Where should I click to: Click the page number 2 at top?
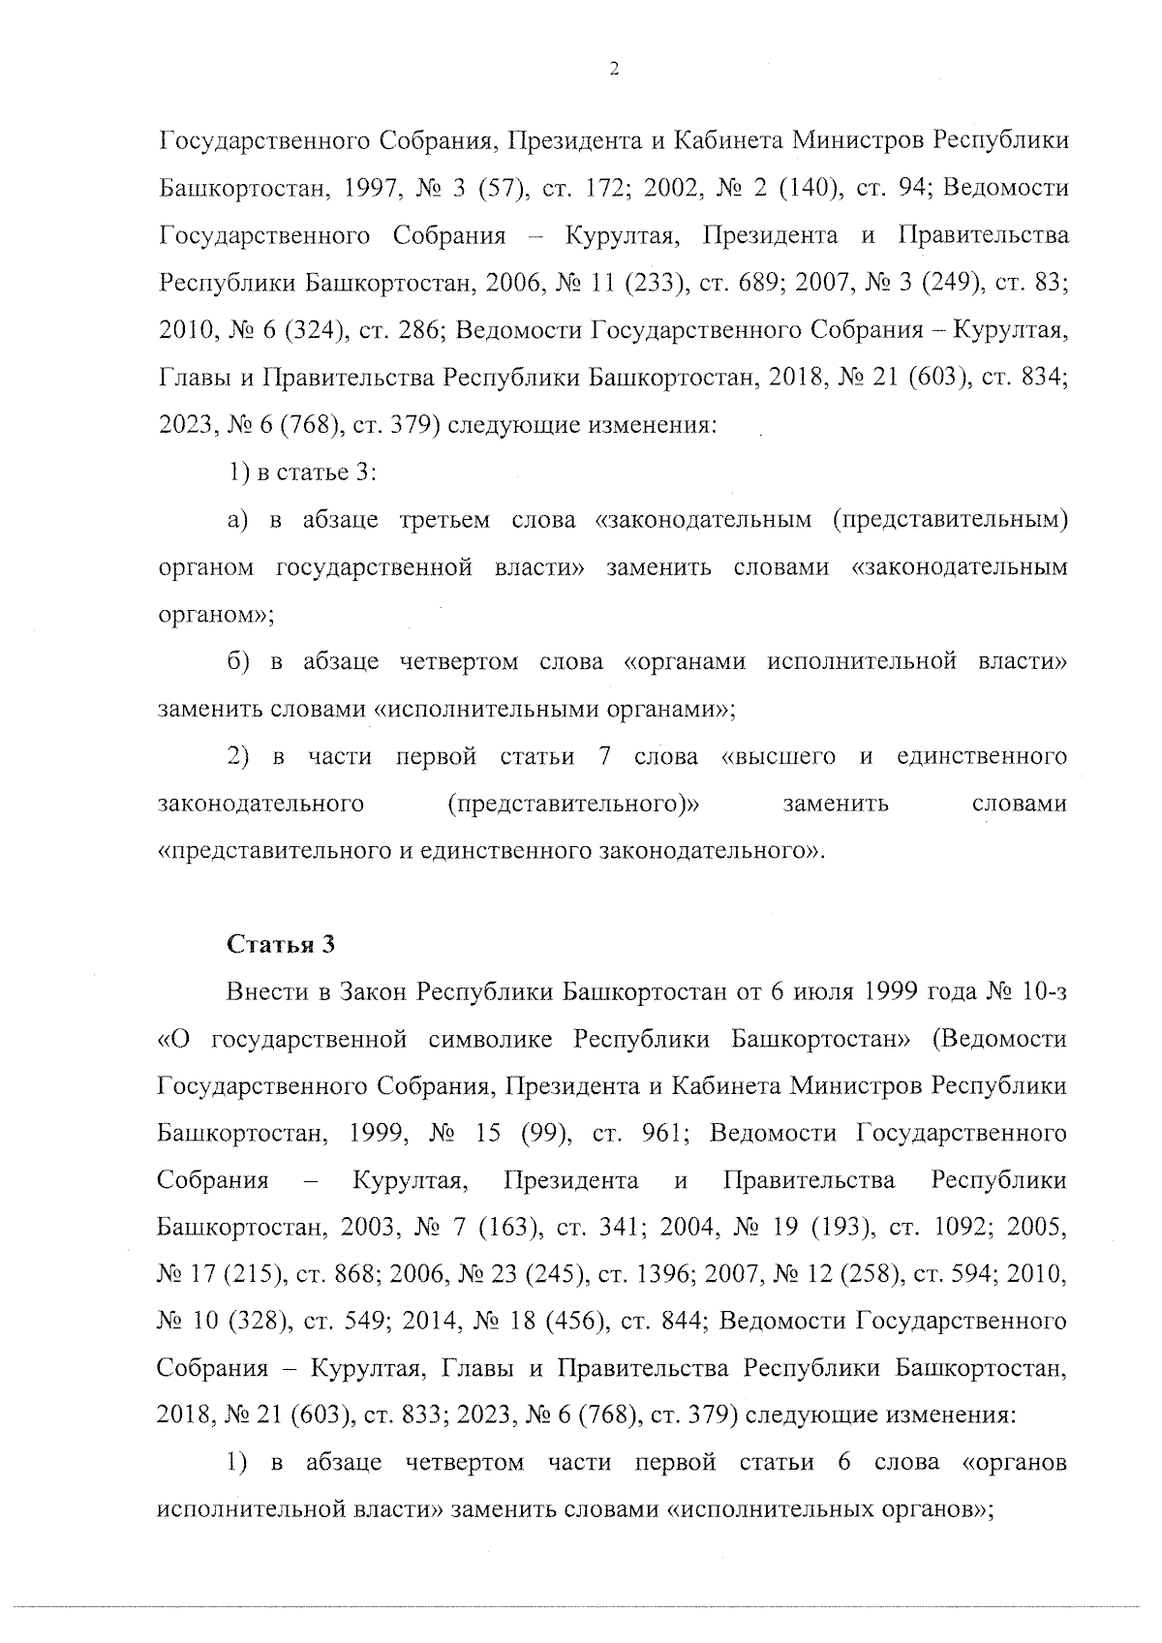point(613,69)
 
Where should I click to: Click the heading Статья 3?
point(281,945)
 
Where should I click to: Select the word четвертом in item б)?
point(455,662)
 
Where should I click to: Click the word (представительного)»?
point(573,805)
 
